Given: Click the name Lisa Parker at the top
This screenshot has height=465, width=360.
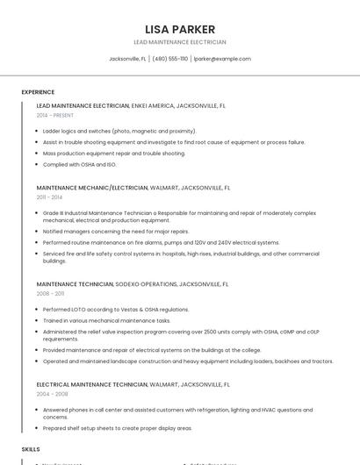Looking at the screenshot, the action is tap(179, 29).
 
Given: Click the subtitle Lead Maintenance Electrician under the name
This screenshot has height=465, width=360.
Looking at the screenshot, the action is tap(179, 42).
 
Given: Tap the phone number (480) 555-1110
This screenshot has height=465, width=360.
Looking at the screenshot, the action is tap(170, 59).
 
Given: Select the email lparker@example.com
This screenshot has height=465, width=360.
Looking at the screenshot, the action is tap(222, 59).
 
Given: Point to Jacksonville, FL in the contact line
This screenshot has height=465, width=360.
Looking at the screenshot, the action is tap(127, 59).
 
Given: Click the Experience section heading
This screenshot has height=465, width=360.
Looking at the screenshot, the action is tap(38, 92).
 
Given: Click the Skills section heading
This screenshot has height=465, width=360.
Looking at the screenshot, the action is tap(31, 448).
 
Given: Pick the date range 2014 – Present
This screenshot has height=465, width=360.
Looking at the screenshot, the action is tap(55, 115).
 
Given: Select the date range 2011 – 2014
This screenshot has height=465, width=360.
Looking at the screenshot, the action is tap(49, 197).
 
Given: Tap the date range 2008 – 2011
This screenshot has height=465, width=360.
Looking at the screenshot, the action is tap(50, 294).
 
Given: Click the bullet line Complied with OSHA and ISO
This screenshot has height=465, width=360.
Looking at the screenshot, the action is tap(79, 164).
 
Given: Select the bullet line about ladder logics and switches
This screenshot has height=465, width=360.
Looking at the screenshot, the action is tap(119, 131).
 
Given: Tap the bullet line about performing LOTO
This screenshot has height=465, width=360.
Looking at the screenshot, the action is tap(116, 310).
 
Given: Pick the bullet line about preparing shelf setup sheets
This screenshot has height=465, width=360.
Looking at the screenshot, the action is tap(117, 428).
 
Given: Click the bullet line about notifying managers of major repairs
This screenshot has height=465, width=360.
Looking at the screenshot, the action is tap(116, 232).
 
